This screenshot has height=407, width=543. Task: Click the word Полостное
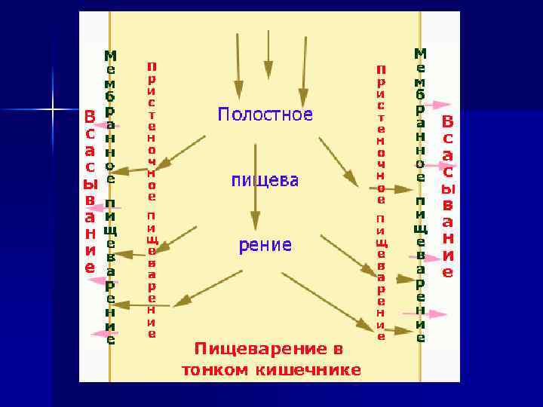[x=265, y=115]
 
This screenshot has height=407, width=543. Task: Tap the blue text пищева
[x=264, y=181]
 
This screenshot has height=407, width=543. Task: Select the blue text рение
[x=265, y=245]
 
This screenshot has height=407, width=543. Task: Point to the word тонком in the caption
[x=215, y=370]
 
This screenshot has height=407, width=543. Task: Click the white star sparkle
[x=54, y=111]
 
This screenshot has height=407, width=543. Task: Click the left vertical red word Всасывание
[x=90, y=192]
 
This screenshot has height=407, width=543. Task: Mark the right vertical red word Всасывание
[x=448, y=196]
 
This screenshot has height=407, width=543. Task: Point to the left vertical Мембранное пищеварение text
[x=110, y=196]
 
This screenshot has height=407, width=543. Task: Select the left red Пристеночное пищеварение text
[x=152, y=200]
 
